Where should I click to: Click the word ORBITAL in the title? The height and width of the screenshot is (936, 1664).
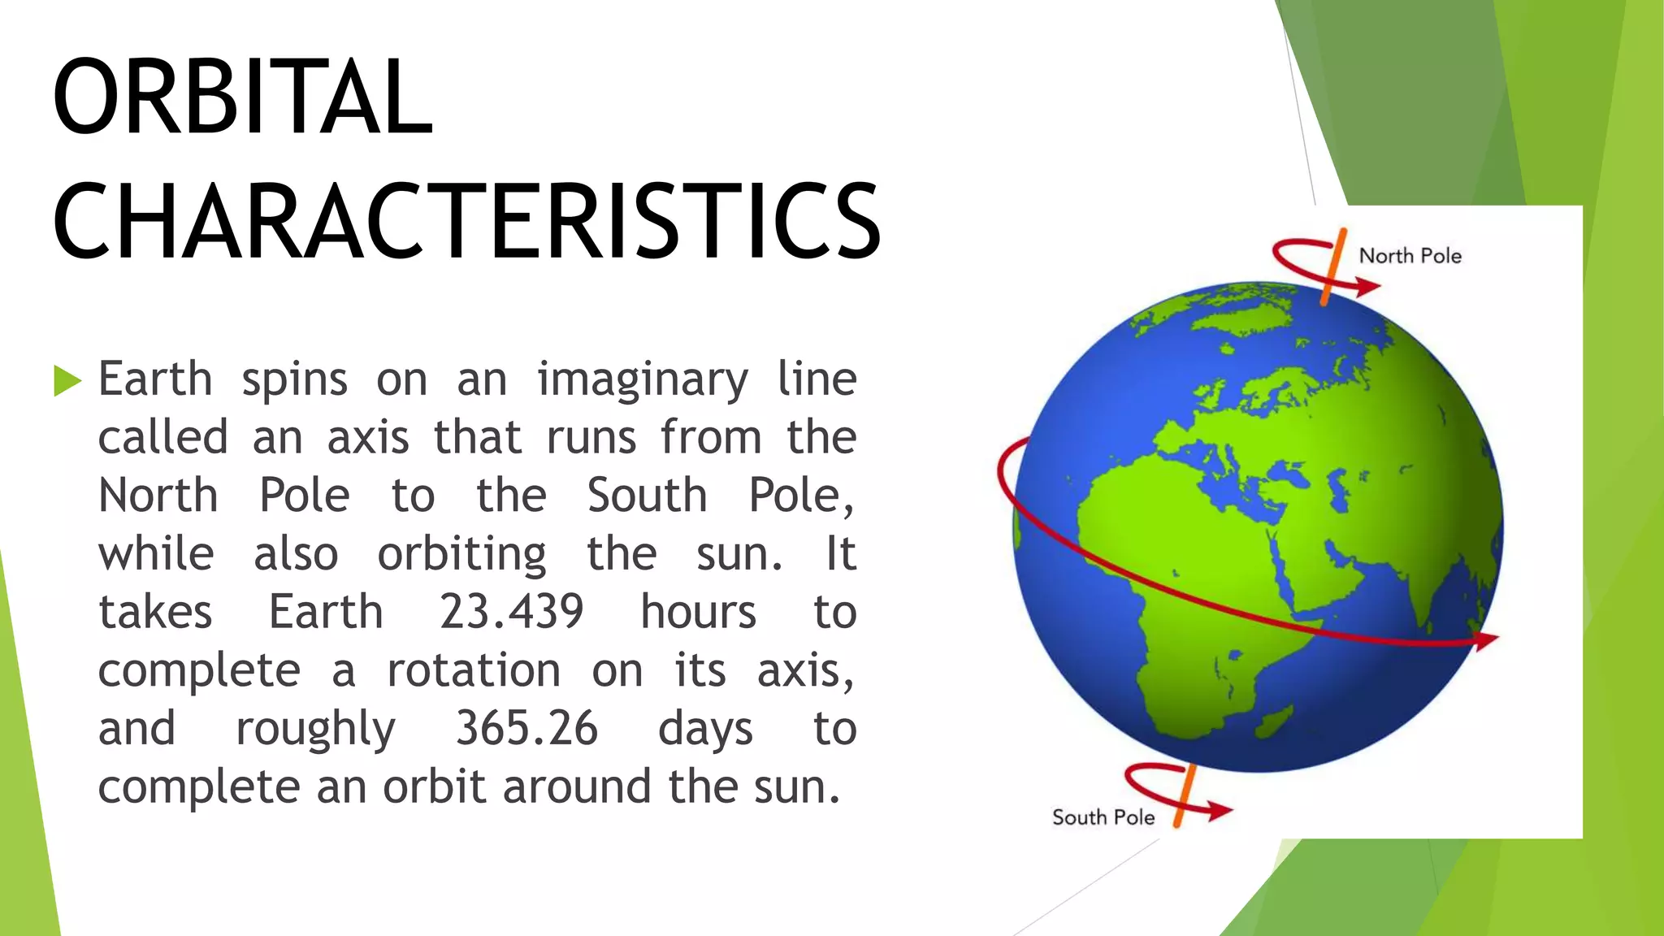point(242,97)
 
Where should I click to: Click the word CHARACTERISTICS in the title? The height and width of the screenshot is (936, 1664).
point(466,222)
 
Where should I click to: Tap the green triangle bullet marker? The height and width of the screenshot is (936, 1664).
point(67,380)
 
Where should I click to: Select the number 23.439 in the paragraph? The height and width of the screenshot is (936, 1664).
point(512,612)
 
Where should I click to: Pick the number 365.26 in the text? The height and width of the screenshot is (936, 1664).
point(526,728)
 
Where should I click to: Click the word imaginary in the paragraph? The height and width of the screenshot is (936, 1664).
point(643,380)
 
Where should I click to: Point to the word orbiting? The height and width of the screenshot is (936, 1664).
point(461,554)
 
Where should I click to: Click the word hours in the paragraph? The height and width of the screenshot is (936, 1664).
point(698,612)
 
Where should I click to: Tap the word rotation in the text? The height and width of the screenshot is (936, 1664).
point(474,670)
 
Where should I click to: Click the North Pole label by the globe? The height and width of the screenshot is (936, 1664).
point(1410,256)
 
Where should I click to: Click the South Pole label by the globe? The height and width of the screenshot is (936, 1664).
point(1103,817)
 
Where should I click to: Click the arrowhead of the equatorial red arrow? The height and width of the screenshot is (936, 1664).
point(1486,641)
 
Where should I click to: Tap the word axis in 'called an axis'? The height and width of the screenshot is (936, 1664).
point(367,438)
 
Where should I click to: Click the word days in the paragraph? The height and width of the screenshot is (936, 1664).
point(704,729)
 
